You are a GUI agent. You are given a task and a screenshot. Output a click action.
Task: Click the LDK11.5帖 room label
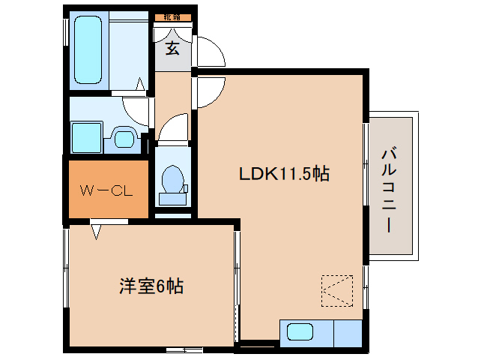(x=284, y=175)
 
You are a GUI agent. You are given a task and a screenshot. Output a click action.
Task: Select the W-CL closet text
(x=106, y=190)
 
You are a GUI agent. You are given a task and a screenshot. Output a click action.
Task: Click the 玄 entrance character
(x=172, y=49)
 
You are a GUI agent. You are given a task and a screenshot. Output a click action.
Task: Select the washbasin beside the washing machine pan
(x=124, y=137)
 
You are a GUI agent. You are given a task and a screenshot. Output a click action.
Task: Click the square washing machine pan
(x=86, y=137)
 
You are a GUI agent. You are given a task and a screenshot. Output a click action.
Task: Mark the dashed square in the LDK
(x=336, y=289)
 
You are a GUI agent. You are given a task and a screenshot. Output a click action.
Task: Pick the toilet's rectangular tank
(x=173, y=199)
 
